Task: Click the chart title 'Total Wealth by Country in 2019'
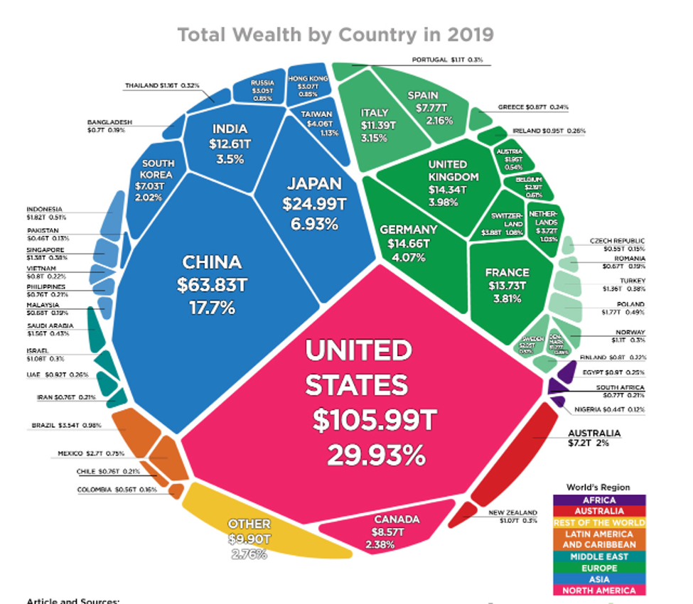(335, 34)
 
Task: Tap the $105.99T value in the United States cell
(372, 421)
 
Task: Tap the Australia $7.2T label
(593, 438)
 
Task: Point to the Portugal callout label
(447, 60)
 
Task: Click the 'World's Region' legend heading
(598, 487)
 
